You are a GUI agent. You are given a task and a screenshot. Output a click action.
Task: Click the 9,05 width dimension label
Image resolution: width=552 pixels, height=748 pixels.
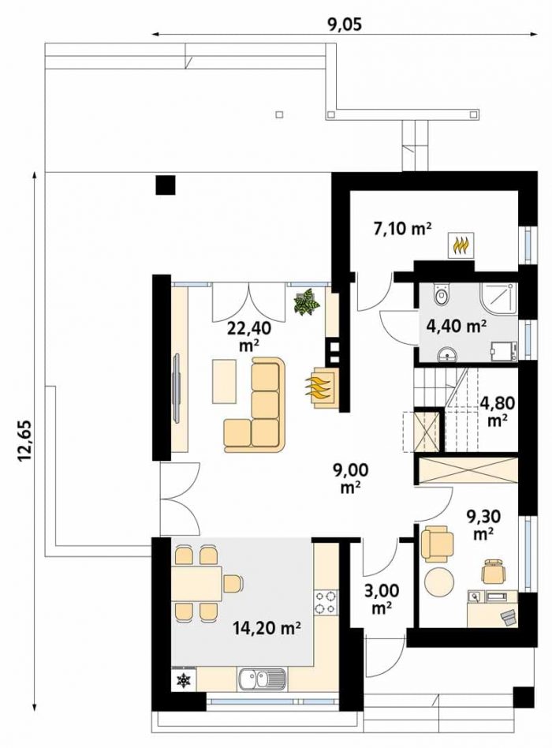click(344, 24)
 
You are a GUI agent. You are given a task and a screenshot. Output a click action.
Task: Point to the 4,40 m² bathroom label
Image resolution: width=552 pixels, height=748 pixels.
click(455, 327)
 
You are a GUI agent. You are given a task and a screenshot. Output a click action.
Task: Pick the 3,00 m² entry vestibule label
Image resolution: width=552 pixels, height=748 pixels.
click(382, 598)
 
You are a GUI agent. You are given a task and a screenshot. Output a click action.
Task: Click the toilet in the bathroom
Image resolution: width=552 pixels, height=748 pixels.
click(442, 294)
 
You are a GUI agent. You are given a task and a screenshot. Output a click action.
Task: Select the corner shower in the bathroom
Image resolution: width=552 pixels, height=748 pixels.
click(498, 301)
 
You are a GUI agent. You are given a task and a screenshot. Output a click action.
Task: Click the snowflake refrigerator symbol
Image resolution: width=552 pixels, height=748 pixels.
click(184, 680)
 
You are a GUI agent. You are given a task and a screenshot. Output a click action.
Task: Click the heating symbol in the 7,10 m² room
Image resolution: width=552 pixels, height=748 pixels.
click(461, 245)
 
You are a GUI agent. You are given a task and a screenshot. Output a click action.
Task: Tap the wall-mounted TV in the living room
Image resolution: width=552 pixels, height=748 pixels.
click(177, 387)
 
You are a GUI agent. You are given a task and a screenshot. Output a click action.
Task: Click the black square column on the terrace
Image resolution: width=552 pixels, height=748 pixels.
click(166, 185)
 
